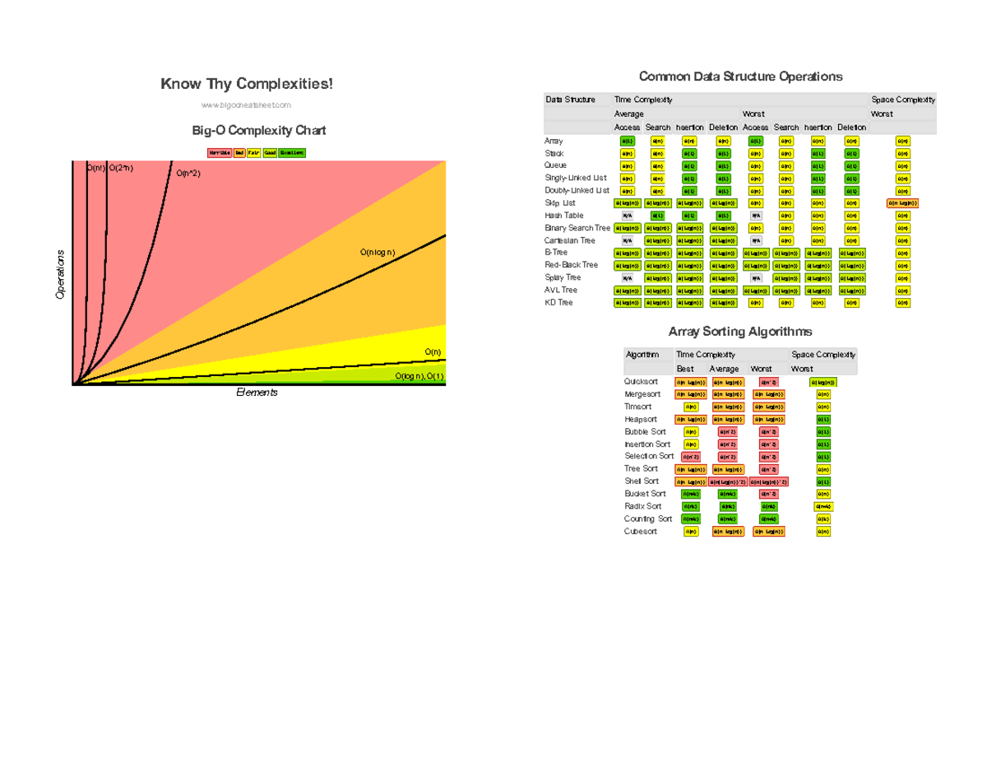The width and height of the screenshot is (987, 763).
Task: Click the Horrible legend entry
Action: [220, 152]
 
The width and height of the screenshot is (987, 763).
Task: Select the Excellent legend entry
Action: [292, 152]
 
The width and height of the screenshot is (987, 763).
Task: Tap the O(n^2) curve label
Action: [188, 174]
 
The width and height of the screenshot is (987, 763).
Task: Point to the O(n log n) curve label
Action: [378, 253]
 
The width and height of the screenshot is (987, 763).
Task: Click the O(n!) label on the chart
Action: [95, 168]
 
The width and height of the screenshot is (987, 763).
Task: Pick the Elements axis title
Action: [257, 393]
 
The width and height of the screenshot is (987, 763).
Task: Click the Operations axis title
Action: [60, 274]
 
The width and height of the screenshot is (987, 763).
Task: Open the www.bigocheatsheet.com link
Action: [247, 105]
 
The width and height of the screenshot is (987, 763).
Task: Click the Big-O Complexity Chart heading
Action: [258, 131]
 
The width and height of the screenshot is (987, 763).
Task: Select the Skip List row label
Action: [560, 202]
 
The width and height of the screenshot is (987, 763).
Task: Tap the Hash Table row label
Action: [563, 216]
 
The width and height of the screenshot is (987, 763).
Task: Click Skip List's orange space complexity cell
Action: [902, 203]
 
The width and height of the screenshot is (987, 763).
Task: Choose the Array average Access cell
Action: [627, 142]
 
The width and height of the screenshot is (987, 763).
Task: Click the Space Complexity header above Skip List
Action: [902, 100]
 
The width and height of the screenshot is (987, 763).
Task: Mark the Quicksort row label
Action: [641, 382]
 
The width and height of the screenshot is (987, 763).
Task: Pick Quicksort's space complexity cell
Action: [823, 382]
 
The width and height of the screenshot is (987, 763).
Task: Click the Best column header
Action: [685, 369]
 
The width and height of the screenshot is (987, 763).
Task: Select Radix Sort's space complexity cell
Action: [823, 506]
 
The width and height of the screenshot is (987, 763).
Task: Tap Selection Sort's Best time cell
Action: [690, 457]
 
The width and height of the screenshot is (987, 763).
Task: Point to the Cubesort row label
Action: [641, 532]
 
